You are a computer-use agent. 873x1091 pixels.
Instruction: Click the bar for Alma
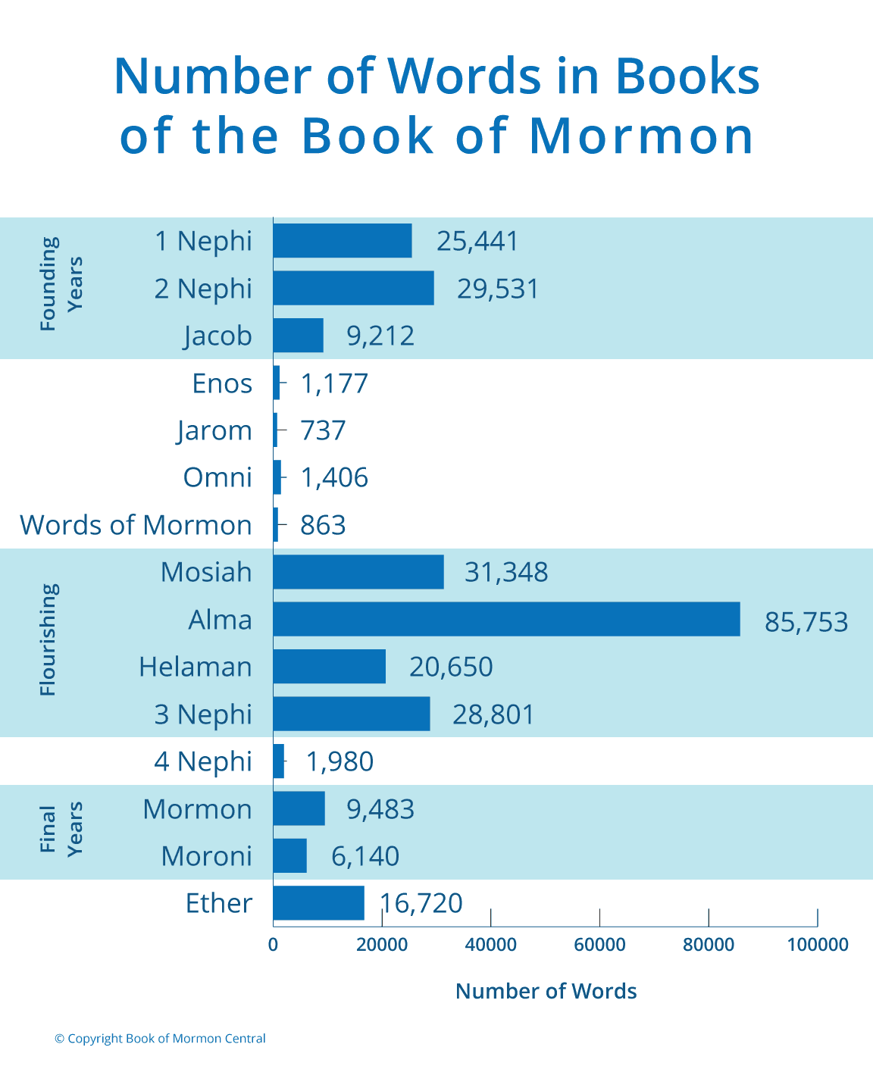point(506,619)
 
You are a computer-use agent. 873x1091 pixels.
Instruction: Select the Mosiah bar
point(358,572)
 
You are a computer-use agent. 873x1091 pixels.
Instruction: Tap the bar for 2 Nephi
point(353,288)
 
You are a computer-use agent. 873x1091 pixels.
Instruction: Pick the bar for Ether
point(318,903)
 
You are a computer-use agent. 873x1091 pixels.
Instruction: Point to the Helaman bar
point(329,667)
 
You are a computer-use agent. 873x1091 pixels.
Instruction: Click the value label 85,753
point(806,622)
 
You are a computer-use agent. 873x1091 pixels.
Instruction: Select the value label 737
point(324,430)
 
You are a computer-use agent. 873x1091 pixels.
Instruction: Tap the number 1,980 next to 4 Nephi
point(339,761)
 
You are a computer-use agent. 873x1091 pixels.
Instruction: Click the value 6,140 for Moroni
point(365,856)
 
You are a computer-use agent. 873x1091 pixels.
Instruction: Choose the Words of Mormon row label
point(136,525)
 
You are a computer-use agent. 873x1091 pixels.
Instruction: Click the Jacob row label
point(217,336)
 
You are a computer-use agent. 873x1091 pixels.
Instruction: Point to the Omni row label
point(217,477)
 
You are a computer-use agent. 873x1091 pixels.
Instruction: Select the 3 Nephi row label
point(203,714)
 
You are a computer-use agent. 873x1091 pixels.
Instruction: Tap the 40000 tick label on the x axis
point(490,945)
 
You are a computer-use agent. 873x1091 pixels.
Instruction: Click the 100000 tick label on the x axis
point(817,945)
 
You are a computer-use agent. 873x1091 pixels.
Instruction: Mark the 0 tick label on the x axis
point(273,945)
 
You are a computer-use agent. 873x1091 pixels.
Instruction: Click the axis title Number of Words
point(546,991)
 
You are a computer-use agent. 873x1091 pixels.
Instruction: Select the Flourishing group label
point(48,639)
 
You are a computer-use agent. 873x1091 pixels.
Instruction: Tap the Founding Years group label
point(61,284)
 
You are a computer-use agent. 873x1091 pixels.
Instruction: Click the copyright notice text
point(160,1039)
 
